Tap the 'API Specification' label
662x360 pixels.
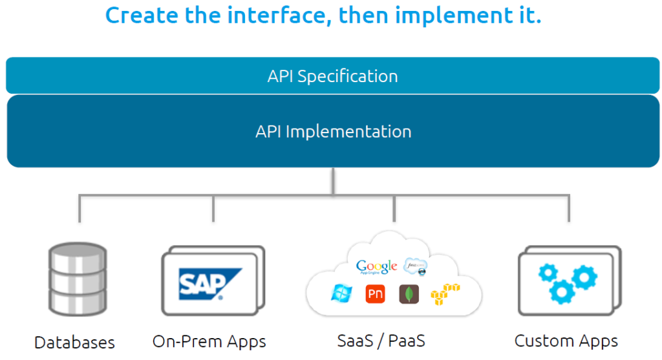tap(332, 76)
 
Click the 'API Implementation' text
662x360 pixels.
tap(333, 131)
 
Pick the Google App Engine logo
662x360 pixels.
tap(376, 267)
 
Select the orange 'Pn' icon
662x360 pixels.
tap(375, 294)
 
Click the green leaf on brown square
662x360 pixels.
tap(409, 294)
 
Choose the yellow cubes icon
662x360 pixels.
tap(445, 294)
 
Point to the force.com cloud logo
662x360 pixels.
tap(415, 266)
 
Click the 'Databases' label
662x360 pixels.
tap(74, 342)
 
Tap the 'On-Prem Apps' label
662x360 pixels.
tap(209, 341)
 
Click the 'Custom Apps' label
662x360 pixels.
tap(566, 341)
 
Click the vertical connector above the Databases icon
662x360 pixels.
tap(80, 208)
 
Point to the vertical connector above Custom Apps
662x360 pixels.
tap(569, 208)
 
